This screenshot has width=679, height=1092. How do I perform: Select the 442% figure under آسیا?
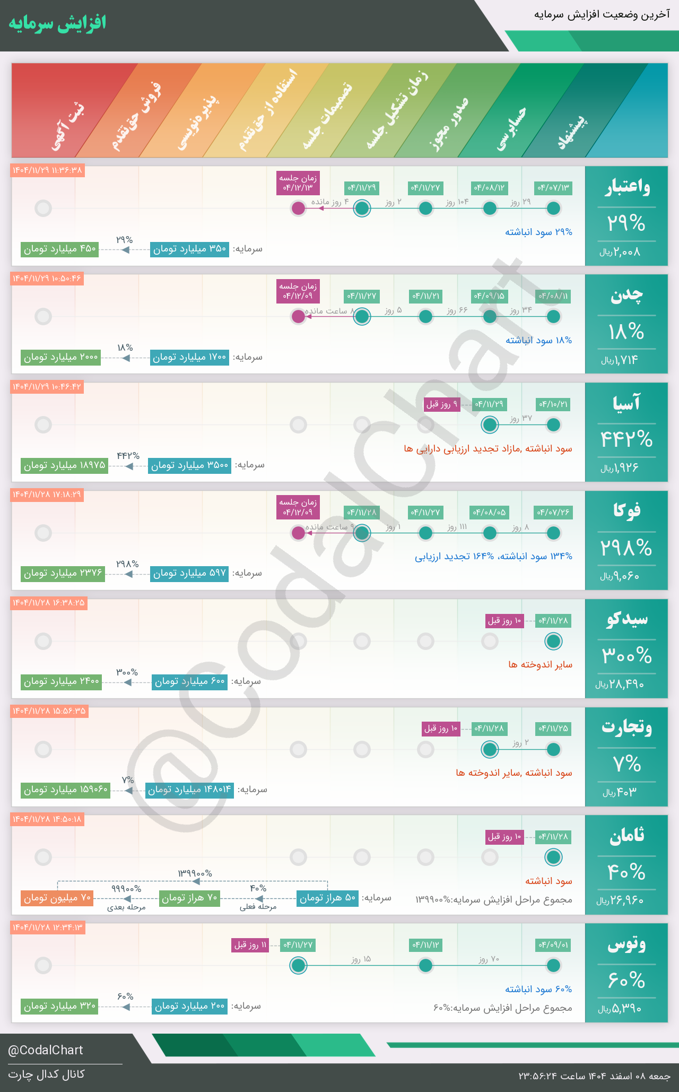click(x=626, y=439)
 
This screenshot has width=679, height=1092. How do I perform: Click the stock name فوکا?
click(x=626, y=510)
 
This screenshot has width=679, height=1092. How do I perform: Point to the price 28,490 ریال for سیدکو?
click(x=620, y=684)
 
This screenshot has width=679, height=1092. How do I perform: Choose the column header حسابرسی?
click(x=511, y=129)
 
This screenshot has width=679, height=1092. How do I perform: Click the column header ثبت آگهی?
click(x=68, y=129)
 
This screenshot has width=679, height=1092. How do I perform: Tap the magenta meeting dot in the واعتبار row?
click(x=299, y=208)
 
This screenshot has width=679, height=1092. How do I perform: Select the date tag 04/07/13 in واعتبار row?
click(x=553, y=188)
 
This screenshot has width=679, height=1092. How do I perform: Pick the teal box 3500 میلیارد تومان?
click(x=189, y=465)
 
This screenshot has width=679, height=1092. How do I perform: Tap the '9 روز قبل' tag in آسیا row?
click(x=441, y=404)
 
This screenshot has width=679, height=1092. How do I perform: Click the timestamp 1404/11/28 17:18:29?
click(x=47, y=495)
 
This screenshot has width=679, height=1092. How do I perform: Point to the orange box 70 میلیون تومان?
click(x=57, y=898)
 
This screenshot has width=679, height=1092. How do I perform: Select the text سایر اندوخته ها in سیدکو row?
click(x=540, y=664)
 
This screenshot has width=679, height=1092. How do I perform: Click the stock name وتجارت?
click(x=626, y=727)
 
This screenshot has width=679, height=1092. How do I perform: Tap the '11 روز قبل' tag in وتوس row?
click(x=250, y=944)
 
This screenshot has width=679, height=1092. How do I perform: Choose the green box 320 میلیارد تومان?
click(x=60, y=1006)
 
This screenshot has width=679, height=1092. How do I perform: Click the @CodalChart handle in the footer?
click(x=46, y=1050)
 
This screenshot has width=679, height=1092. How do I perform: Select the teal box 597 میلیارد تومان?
click(x=189, y=574)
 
